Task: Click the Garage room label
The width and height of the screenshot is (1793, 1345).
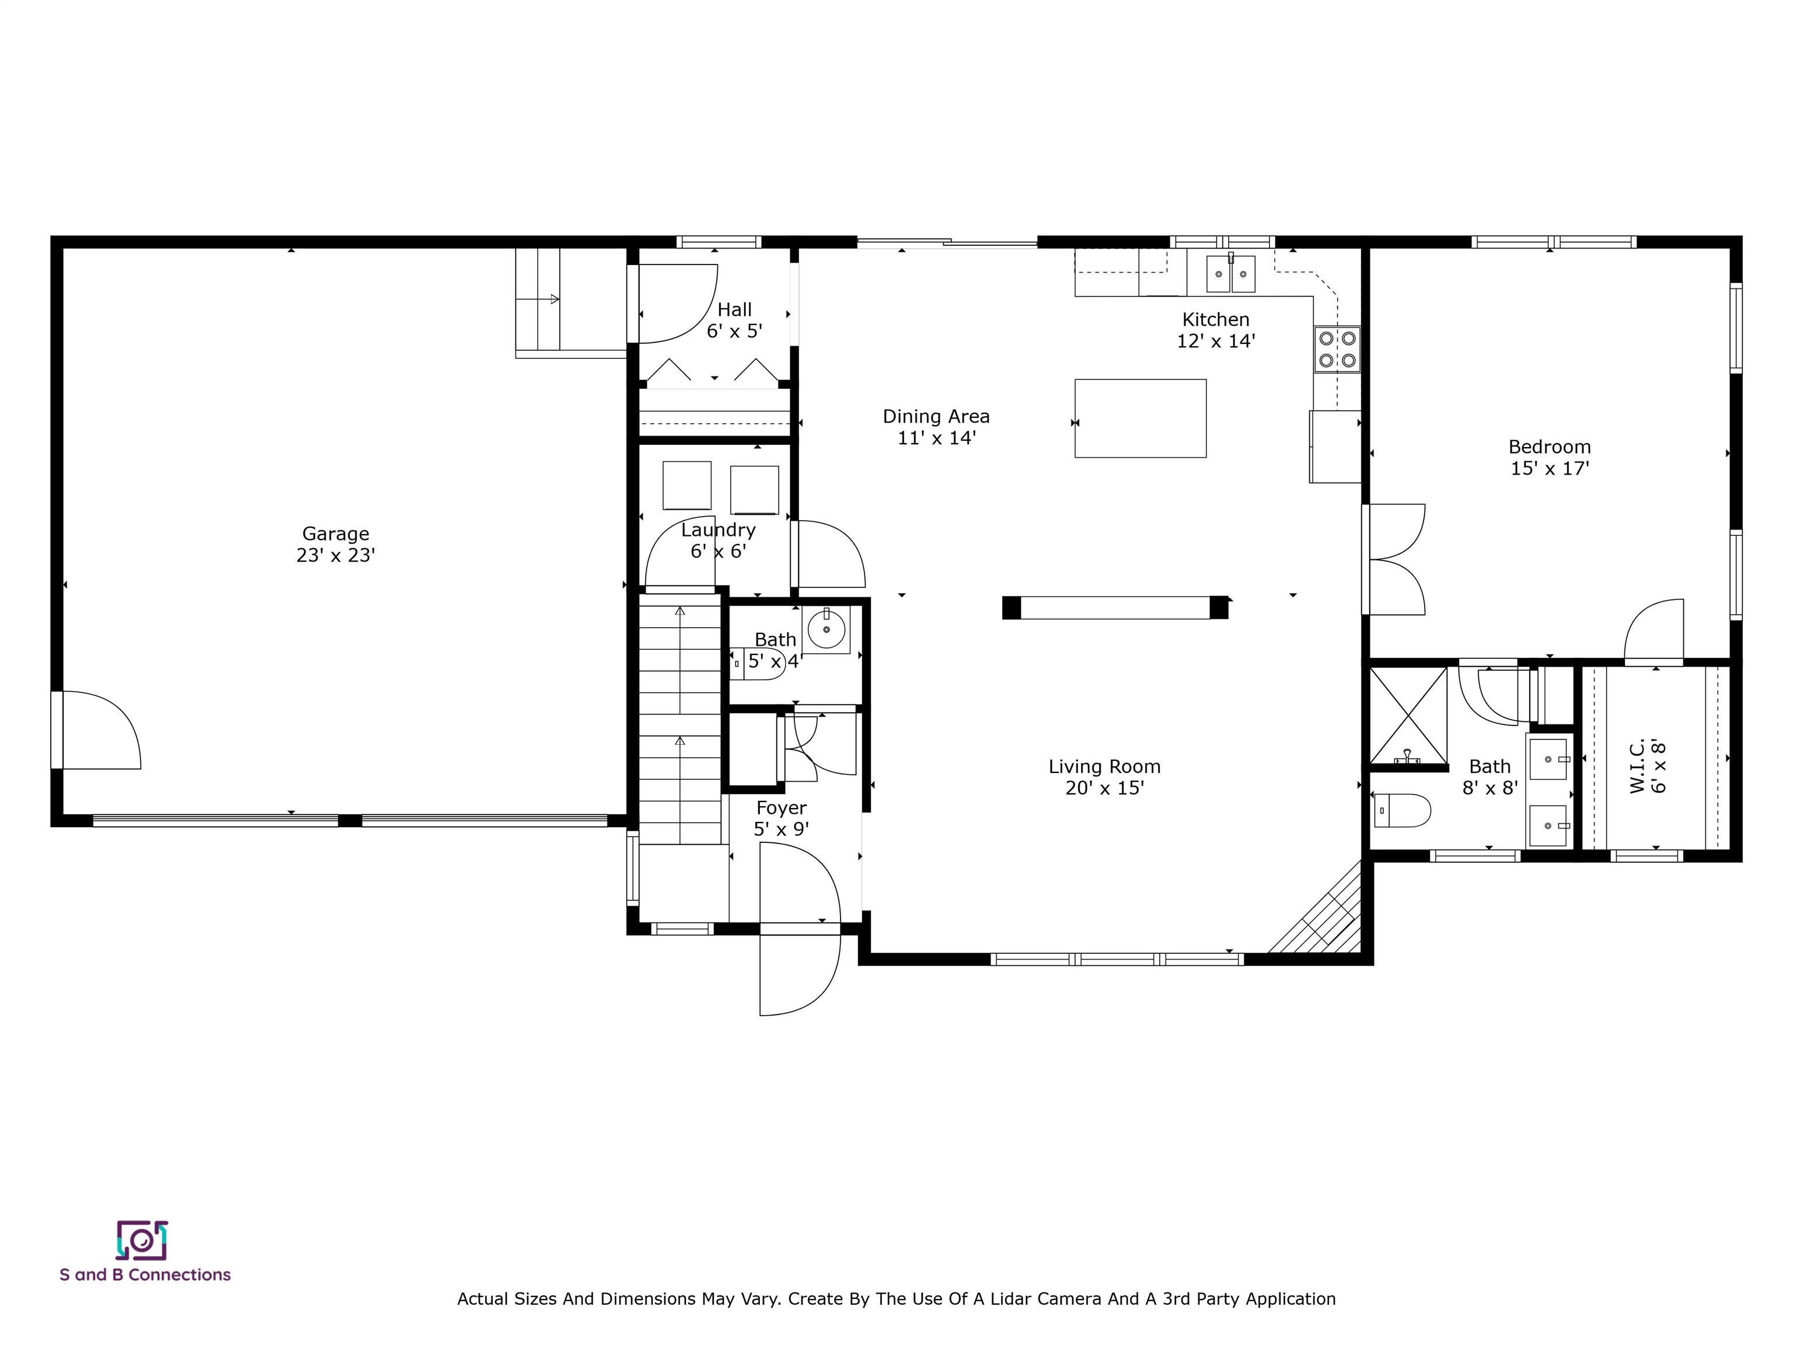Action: pyautogui.click(x=336, y=534)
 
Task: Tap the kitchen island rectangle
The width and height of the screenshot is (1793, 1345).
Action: pyautogui.click(x=1140, y=419)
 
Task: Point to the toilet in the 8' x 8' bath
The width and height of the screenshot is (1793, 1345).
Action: pyautogui.click(x=1403, y=810)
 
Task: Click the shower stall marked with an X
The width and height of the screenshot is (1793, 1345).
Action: pyautogui.click(x=1408, y=716)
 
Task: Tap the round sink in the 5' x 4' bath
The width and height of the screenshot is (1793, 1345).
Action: pyautogui.click(x=826, y=629)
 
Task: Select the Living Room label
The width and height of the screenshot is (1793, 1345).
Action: pyautogui.click(x=1104, y=766)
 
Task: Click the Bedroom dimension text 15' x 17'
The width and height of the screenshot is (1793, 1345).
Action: pyautogui.click(x=1550, y=469)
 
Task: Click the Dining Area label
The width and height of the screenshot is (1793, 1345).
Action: pyautogui.click(x=936, y=417)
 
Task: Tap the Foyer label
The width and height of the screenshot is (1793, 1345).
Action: pyautogui.click(x=782, y=809)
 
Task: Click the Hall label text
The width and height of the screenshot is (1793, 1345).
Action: pyautogui.click(x=734, y=310)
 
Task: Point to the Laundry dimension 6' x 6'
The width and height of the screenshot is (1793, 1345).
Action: pyautogui.click(x=718, y=551)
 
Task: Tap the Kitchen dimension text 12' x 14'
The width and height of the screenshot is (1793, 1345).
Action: pyautogui.click(x=1216, y=342)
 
